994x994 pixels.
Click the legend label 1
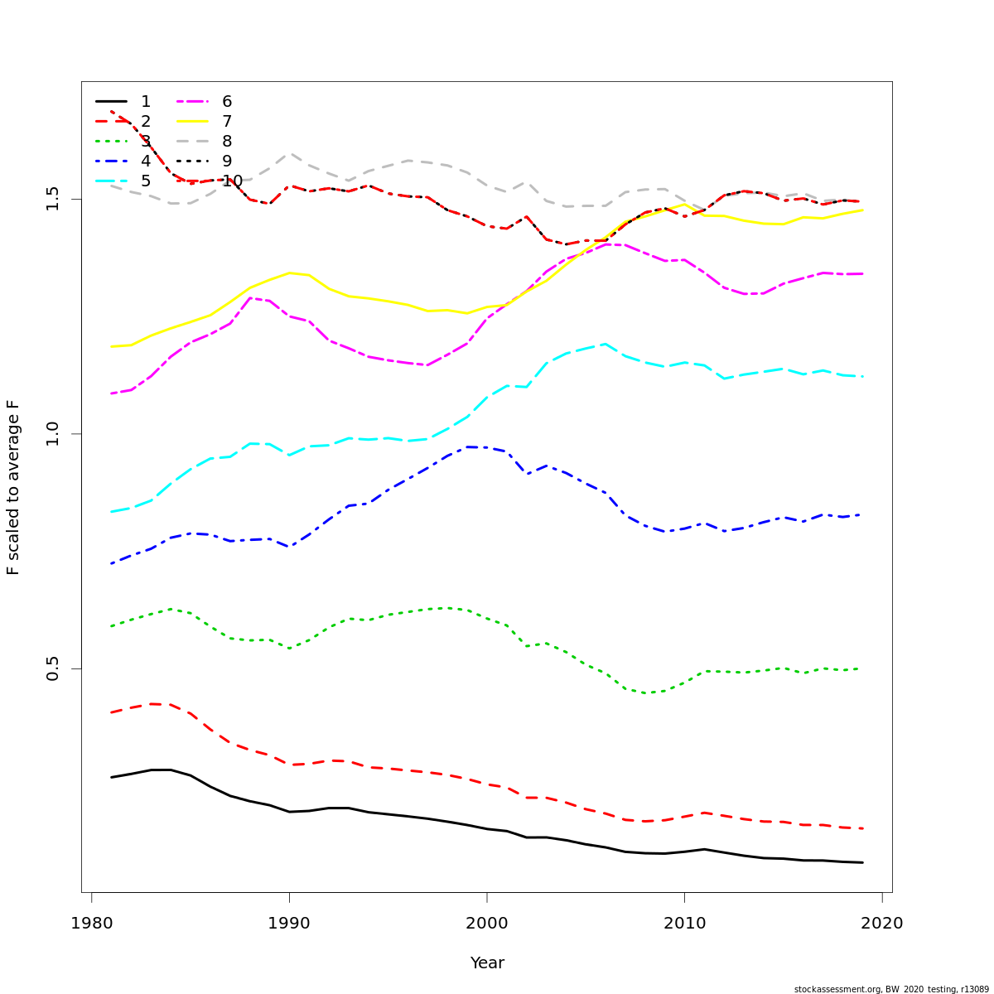coord(146,102)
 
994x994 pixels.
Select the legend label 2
coord(146,122)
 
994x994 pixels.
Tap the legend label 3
coord(146,142)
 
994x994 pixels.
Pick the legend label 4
coord(146,162)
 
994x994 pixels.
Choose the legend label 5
coord(146,181)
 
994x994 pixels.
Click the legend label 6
coord(227,102)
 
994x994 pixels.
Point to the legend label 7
coord(227,122)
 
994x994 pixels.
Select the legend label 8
coord(227,142)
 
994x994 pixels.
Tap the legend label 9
coord(227,162)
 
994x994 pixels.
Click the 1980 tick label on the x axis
coord(91,924)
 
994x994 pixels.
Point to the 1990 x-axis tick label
coord(289,924)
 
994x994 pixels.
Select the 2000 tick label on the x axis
coord(487,924)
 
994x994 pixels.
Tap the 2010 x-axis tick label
coord(684,924)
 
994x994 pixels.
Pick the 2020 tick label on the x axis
coord(882,924)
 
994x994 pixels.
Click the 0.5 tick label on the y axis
coord(54,669)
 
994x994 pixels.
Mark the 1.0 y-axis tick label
coord(54,434)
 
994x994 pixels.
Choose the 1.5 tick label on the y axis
coord(54,200)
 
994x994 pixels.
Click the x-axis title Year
coord(487,963)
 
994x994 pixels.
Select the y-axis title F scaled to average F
coord(13,487)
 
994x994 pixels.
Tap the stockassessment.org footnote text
coord(891,989)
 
